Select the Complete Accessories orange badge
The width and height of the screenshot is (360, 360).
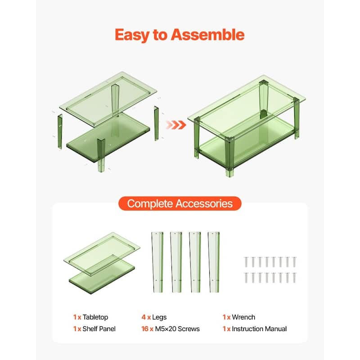(x=180, y=203)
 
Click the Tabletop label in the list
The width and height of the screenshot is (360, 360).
(x=95, y=317)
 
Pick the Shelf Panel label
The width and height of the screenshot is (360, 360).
(x=99, y=329)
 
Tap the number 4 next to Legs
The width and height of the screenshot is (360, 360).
(x=144, y=317)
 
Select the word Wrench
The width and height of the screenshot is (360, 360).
(x=244, y=317)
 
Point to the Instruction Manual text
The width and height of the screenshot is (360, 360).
(x=259, y=329)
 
